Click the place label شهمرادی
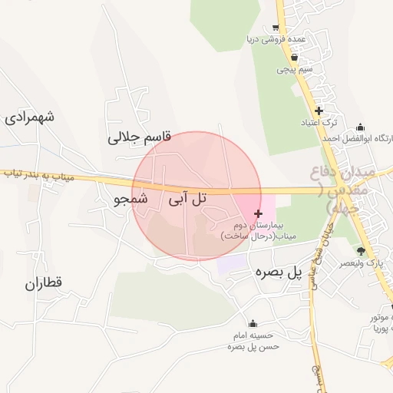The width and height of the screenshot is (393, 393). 29,117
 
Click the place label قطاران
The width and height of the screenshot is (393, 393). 43,283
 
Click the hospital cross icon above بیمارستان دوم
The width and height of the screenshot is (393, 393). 257,213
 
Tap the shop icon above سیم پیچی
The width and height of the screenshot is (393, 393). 294,57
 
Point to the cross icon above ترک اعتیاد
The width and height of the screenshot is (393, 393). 319,111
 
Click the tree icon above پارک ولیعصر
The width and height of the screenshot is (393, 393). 362,251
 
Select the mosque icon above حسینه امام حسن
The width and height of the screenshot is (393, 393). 253,323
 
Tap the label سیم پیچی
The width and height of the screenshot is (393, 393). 294,69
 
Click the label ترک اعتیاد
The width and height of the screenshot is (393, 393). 319,123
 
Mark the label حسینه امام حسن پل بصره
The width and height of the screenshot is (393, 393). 253,341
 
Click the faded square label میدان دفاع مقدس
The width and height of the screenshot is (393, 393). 343,187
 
